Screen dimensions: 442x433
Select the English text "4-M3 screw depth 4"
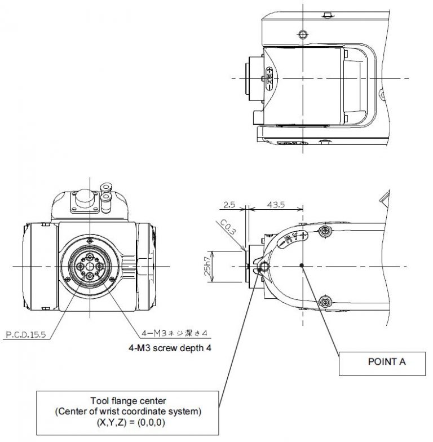[x=169, y=348]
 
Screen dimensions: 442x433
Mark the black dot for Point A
[x=303, y=265]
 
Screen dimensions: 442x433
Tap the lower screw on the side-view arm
[x=325, y=303]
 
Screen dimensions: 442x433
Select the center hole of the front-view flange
[x=90, y=266]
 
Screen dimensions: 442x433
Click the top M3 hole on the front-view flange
[x=90, y=257]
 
